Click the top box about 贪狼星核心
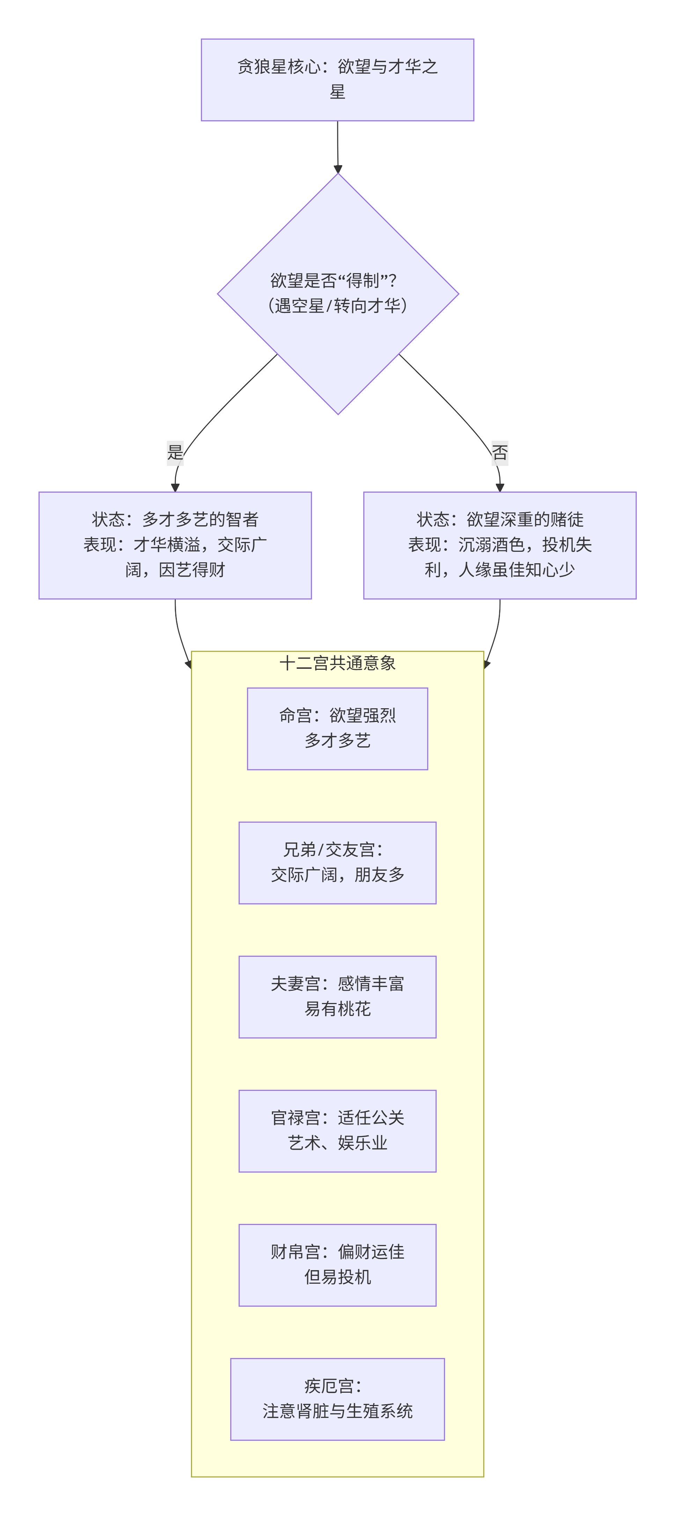click(337, 79)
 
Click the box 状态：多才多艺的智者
click(175, 545)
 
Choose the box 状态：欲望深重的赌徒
click(500, 545)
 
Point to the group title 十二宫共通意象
click(337, 663)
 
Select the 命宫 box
click(337, 728)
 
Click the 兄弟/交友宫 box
click(337, 862)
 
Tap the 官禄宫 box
click(337, 1130)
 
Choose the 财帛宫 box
click(337, 1265)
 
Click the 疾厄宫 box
click(337, 1399)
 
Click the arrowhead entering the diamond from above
click(338, 169)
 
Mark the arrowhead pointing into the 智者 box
click(175, 487)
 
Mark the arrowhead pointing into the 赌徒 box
click(500, 487)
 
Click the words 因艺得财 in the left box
click(192, 570)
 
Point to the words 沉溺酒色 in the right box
click(491, 544)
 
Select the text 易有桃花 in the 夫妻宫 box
click(337, 1009)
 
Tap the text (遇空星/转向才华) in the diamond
click(337, 306)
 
